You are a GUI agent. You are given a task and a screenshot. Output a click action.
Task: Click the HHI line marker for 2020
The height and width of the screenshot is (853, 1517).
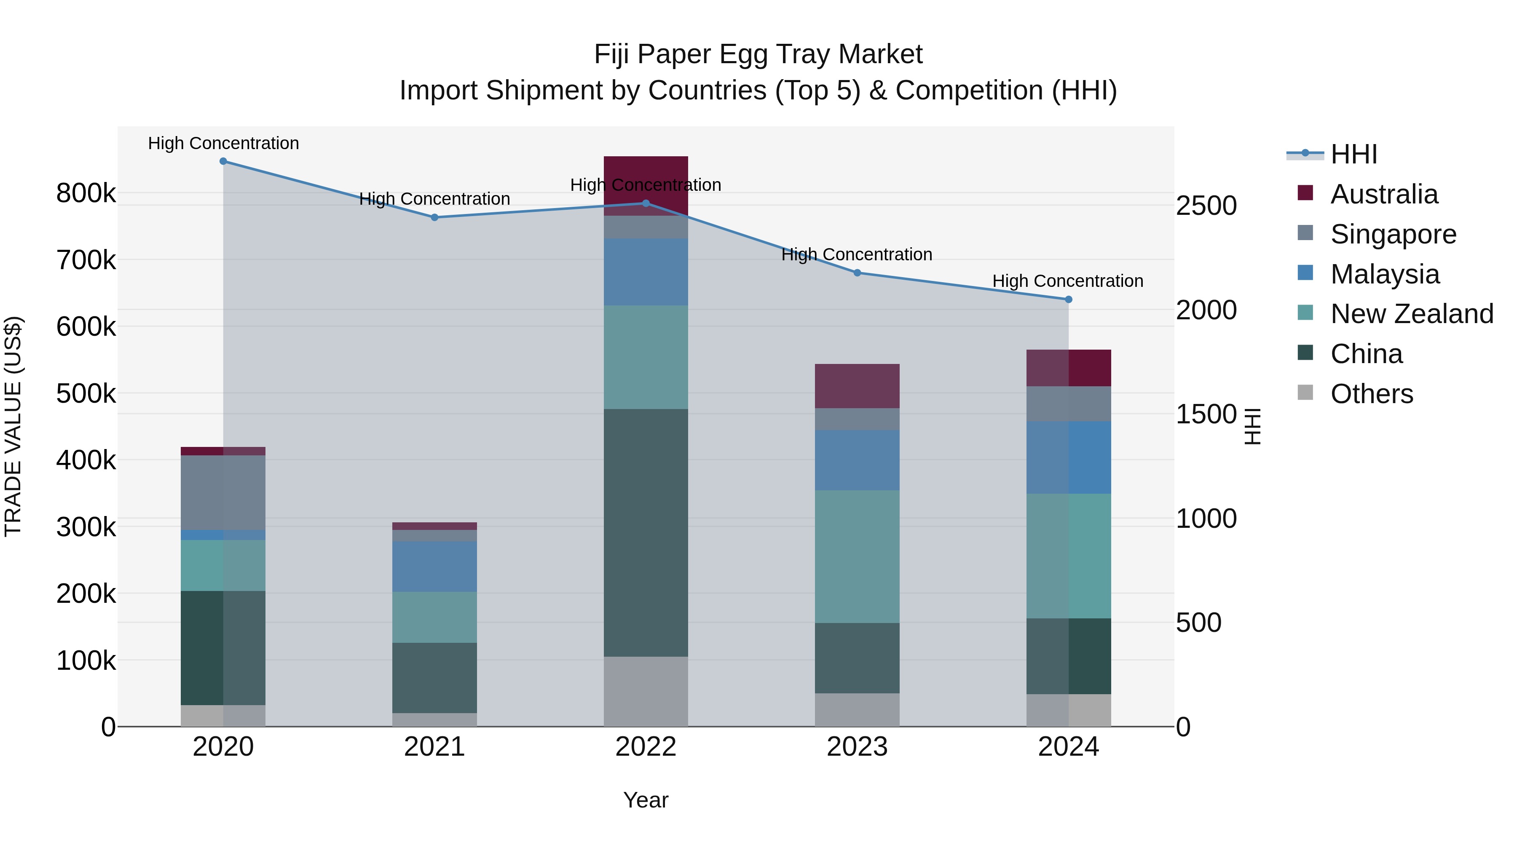point(223,161)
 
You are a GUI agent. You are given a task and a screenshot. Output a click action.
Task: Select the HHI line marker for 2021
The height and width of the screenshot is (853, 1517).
point(434,217)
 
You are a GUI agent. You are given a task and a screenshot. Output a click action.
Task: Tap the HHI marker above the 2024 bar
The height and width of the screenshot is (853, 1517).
point(1068,299)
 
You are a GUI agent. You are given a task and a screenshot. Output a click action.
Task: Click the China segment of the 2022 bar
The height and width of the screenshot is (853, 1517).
point(646,533)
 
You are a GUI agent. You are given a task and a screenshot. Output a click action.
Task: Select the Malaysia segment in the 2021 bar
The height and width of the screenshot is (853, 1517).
point(434,566)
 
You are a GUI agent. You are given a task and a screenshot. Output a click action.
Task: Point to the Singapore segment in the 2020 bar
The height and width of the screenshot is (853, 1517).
point(223,493)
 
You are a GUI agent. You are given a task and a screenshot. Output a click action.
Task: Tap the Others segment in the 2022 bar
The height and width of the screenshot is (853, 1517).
point(646,691)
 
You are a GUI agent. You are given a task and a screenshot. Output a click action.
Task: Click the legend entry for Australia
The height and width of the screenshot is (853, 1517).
point(1383,194)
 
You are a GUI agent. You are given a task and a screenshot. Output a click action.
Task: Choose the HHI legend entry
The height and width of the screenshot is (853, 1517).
point(1353,154)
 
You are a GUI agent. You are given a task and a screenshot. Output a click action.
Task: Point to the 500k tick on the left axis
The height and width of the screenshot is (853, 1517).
point(86,393)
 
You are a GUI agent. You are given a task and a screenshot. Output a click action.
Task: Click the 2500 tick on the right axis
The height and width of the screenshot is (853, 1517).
point(1206,206)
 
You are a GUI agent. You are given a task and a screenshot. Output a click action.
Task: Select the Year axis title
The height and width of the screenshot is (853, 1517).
point(646,800)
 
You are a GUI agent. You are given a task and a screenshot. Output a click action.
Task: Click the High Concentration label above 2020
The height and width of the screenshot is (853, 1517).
point(223,143)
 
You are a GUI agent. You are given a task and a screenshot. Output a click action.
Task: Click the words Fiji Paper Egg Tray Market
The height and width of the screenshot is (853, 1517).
point(758,54)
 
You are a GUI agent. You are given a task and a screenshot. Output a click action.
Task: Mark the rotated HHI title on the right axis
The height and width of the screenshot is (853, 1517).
point(1253,426)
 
